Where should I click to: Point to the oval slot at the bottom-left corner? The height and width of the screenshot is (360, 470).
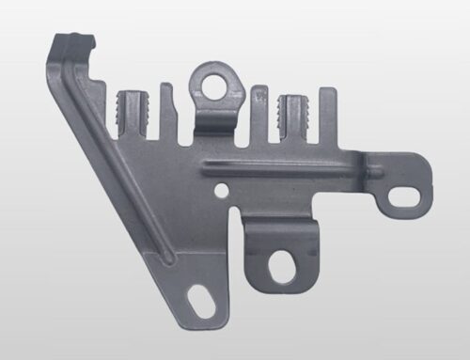click(x=199, y=303)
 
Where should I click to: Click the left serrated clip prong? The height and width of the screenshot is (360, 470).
click(x=130, y=113)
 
